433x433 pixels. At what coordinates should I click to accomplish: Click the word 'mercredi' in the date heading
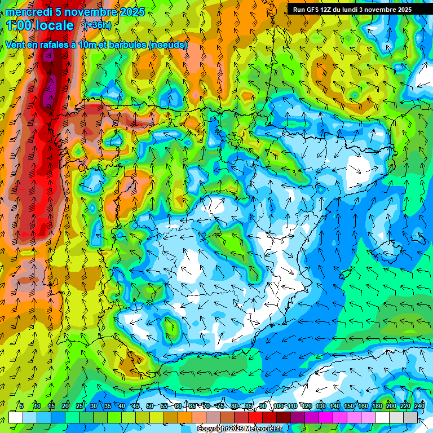click(25, 12)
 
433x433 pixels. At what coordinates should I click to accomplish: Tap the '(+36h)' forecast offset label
click(98, 25)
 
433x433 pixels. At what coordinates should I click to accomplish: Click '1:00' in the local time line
click(20, 25)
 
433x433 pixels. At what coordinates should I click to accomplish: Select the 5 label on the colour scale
click(21, 407)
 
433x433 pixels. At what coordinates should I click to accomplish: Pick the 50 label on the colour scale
click(149, 407)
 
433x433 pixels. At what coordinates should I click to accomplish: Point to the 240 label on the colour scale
click(419, 407)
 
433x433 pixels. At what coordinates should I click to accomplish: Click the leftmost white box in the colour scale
click(16, 417)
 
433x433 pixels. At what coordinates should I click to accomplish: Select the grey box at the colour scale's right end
click(411, 417)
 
